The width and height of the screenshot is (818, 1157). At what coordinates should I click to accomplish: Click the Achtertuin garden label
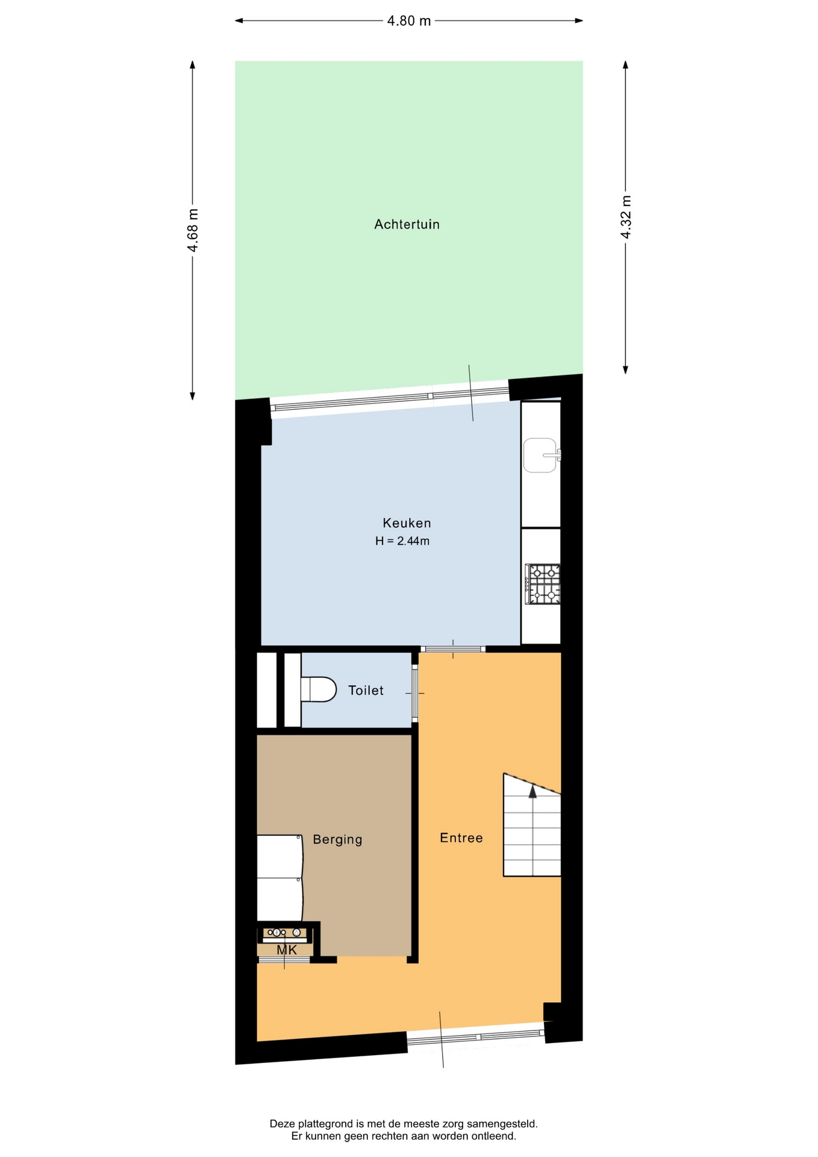point(407,224)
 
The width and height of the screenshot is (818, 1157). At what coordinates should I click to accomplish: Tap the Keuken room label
point(407,523)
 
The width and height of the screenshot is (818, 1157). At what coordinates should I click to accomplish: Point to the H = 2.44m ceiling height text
point(402,541)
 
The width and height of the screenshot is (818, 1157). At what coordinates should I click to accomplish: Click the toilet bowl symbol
point(319,689)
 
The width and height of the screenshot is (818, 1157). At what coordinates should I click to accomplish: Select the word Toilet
point(366,691)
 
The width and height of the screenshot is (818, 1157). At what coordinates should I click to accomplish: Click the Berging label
point(337,839)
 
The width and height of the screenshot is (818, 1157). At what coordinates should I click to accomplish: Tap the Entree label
point(461,838)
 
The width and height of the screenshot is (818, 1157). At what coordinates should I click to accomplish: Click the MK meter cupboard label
point(287,950)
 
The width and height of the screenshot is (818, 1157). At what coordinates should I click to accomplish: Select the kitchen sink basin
point(541,455)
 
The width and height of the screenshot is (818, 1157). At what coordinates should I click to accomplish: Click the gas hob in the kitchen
point(543,584)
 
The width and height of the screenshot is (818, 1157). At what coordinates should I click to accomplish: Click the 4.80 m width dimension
point(409,21)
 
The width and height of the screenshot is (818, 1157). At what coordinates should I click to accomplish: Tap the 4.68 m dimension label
point(193,230)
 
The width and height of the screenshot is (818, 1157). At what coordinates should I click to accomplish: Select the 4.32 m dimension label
point(626,217)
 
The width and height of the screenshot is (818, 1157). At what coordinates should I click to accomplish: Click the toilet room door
point(414,693)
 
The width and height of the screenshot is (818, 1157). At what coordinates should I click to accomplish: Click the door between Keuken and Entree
point(453,649)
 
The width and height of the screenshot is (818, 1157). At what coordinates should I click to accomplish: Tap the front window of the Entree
point(476,1037)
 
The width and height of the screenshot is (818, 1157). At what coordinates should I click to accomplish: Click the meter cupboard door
point(284,959)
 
